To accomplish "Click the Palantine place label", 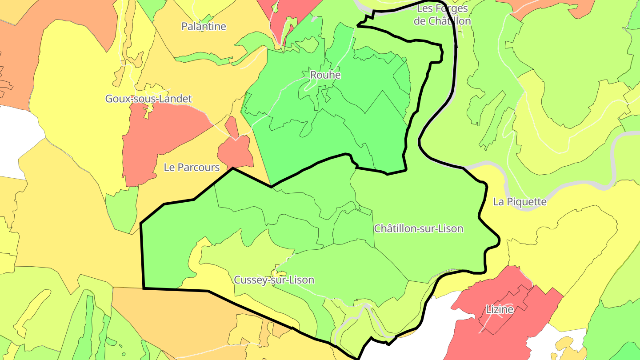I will (x=204, y=27).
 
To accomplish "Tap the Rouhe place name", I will (x=325, y=75).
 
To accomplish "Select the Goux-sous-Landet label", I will (x=148, y=99).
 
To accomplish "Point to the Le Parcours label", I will (x=192, y=168).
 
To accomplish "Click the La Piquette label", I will (x=520, y=202).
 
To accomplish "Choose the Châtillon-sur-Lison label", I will (x=418, y=228).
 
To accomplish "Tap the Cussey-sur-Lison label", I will (x=274, y=280).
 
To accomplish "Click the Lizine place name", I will (x=500, y=309).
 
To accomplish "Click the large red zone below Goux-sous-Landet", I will (x=164, y=138).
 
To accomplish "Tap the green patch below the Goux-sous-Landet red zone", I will (x=122, y=209).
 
